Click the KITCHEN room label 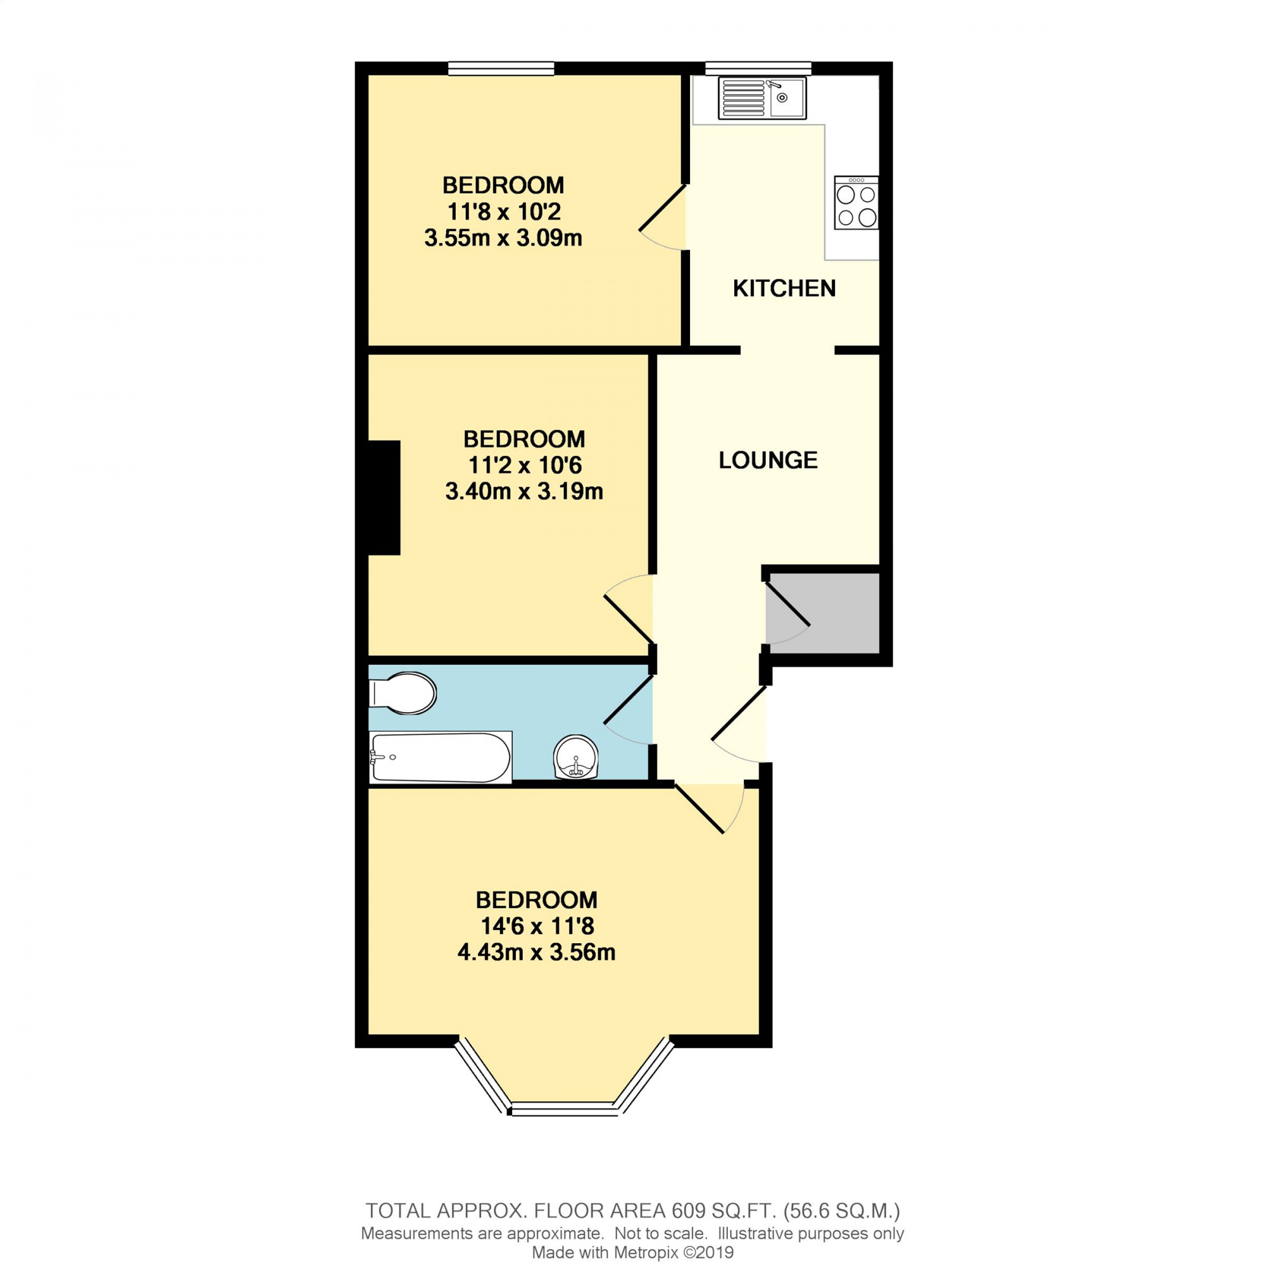pyautogui.click(x=784, y=288)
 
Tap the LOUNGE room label pyautogui.click(x=768, y=460)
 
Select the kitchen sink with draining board pyautogui.click(x=762, y=98)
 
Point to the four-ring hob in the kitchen pyautogui.click(x=856, y=203)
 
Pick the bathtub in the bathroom pyautogui.click(x=441, y=758)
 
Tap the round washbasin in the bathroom pyautogui.click(x=576, y=756)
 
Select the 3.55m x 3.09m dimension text pyautogui.click(x=503, y=238)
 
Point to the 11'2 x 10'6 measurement pyautogui.click(x=524, y=465)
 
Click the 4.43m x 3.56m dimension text pyautogui.click(x=536, y=952)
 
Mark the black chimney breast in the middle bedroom pyautogui.click(x=384, y=498)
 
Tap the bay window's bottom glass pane pyautogui.click(x=564, y=1109)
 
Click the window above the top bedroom pyautogui.click(x=501, y=68)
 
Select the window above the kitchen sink pyautogui.click(x=758, y=68)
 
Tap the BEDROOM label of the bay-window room pyautogui.click(x=536, y=900)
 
